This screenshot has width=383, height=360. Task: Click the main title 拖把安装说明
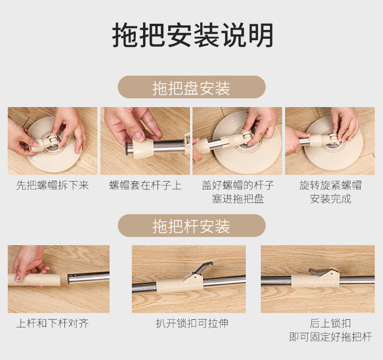point(192,35)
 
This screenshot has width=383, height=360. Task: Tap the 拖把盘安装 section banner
point(191,87)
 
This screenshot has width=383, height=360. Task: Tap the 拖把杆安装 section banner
point(191,225)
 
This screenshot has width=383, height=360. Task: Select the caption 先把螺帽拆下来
point(52,185)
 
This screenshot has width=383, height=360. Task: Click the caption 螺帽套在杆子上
point(145,185)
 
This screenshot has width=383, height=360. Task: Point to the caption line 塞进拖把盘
point(238,199)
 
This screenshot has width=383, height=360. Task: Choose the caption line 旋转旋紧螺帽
point(330,185)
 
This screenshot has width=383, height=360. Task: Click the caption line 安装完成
point(331,199)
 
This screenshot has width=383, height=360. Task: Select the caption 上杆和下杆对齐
point(52,323)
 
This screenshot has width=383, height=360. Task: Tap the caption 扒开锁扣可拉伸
point(192,323)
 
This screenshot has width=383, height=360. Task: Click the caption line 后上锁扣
point(330,323)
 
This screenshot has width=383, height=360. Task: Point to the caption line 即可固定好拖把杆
point(331,337)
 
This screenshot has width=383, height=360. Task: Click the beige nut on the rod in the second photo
point(144,147)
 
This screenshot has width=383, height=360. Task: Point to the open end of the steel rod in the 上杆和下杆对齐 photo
point(70,279)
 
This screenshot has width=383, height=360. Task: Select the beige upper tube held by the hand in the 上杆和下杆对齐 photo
point(34,280)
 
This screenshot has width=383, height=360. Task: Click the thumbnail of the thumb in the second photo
point(140,137)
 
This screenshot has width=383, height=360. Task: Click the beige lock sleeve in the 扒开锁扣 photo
point(180,285)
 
